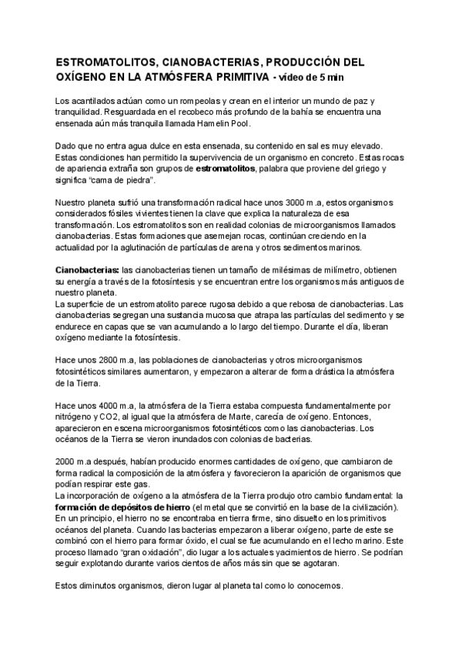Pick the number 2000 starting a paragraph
click(x=69, y=460)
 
